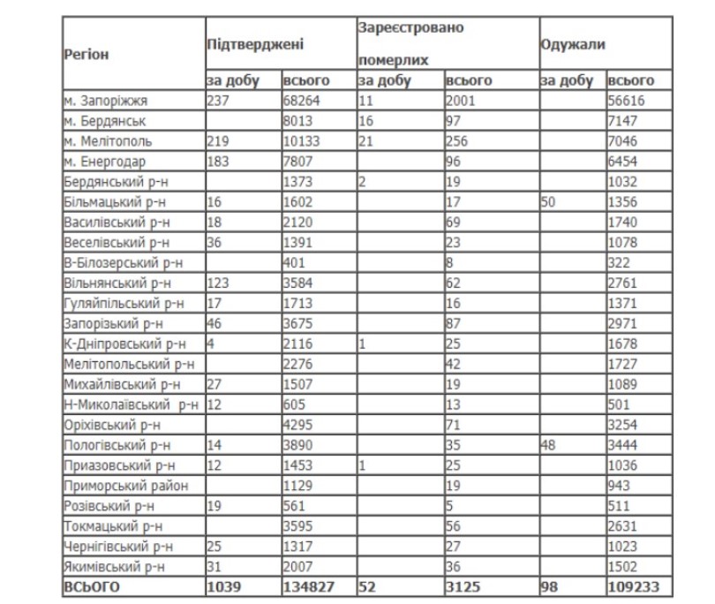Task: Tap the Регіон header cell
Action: (87, 54)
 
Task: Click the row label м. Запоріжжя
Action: (103, 101)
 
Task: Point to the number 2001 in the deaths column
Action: (462, 101)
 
